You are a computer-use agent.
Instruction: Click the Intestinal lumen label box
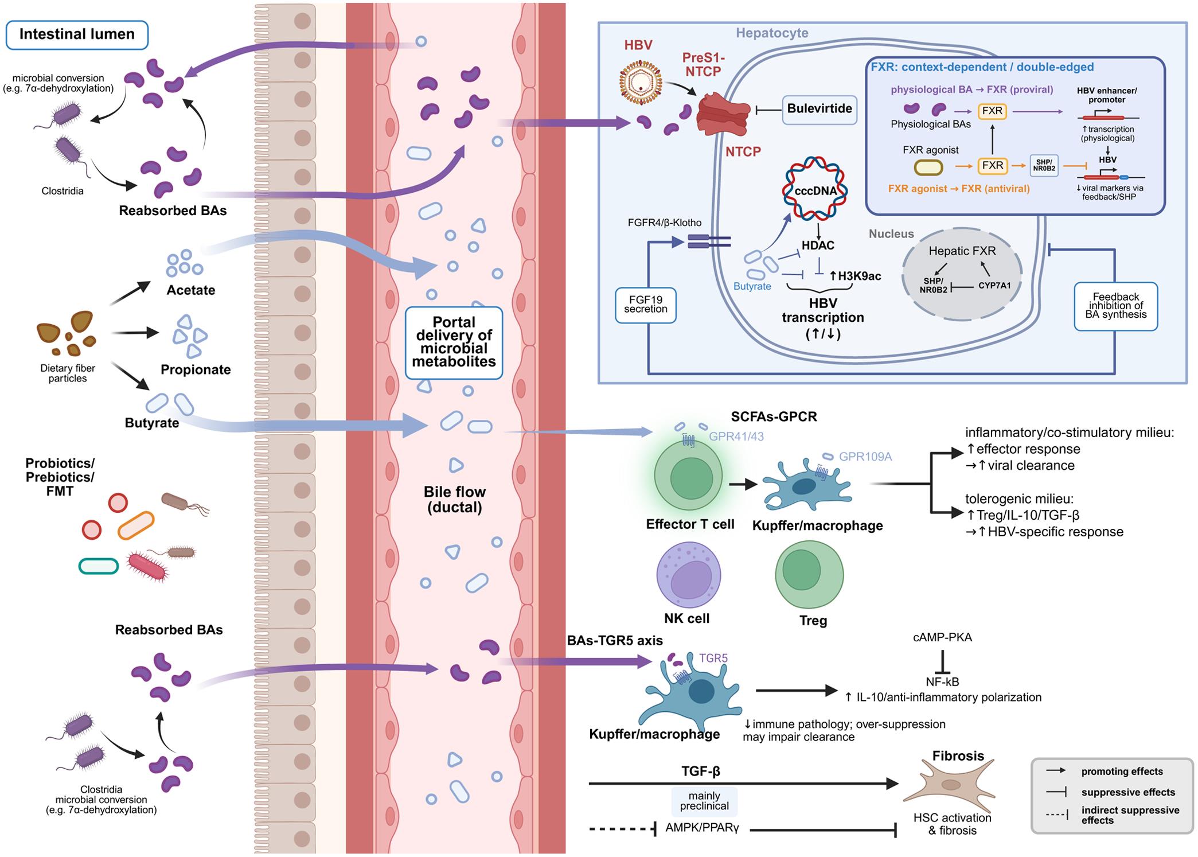pos(77,35)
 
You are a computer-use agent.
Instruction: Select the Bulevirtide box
pos(820,109)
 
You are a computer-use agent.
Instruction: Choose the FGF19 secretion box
pos(646,305)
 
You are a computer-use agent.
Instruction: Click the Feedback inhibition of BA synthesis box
pos(1115,306)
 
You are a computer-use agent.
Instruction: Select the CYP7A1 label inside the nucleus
pos(994,285)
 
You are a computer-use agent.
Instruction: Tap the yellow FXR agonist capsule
pos(927,167)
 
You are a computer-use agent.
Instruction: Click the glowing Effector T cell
pos(690,477)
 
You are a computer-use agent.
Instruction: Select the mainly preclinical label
pos(704,801)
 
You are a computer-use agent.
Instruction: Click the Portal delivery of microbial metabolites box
pos(454,342)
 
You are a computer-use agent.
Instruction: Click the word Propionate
pos(196,370)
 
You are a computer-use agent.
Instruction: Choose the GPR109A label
pos(865,457)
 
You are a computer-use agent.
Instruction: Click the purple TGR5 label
pos(713,659)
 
